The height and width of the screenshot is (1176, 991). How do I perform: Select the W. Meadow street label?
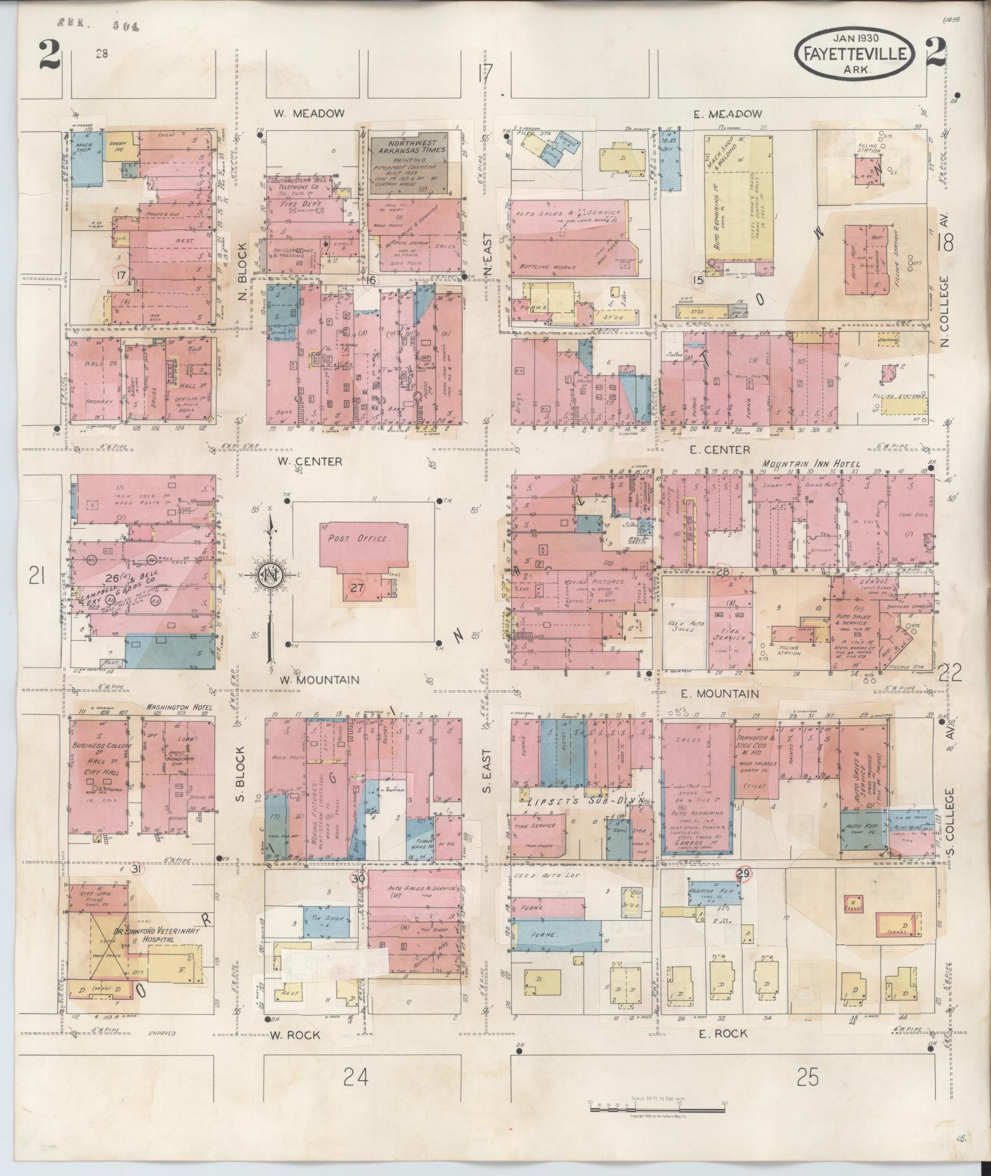pos(310,114)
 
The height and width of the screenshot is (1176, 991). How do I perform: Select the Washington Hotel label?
pos(179,708)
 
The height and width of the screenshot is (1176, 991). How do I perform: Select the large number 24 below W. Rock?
pos(356,1077)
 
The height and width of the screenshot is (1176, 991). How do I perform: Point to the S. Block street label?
pos(240,774)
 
